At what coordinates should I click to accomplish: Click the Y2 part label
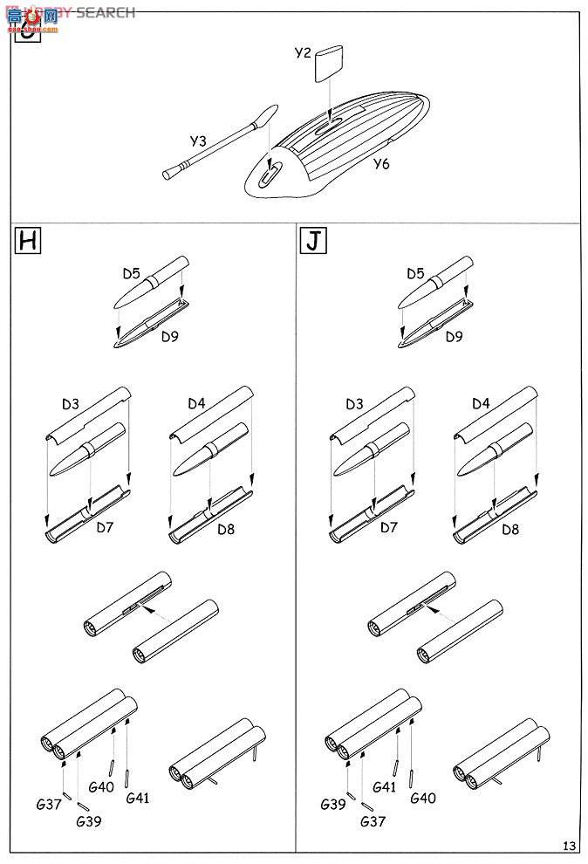pos(302,53)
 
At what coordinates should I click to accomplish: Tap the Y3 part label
pos(198,141)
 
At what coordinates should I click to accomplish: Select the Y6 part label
pos(381,163)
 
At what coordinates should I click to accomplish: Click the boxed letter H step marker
pos(28,241)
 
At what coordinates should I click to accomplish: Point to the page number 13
pos(569,844)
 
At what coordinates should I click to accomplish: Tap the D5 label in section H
pos(131,274)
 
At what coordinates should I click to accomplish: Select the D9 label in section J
pos(454,336)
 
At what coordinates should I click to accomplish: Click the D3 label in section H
pos(71,403)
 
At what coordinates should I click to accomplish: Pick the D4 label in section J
pos(481,403)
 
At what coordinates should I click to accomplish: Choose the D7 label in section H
pos(106,528)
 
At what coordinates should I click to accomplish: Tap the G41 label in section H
pos(137,797)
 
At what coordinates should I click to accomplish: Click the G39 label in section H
pos(88,821)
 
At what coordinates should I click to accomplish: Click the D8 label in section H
pos(225,529)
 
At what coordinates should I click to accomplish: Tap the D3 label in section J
pos(354,403)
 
